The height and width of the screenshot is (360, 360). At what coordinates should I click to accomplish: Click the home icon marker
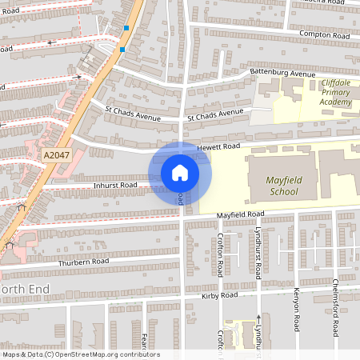(179, 173)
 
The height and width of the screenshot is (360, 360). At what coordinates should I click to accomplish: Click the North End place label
(24, 288)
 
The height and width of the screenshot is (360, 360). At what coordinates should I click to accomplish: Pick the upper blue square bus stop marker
(126, 28)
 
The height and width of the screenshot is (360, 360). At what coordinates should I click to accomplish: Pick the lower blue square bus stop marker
(122, 50)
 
